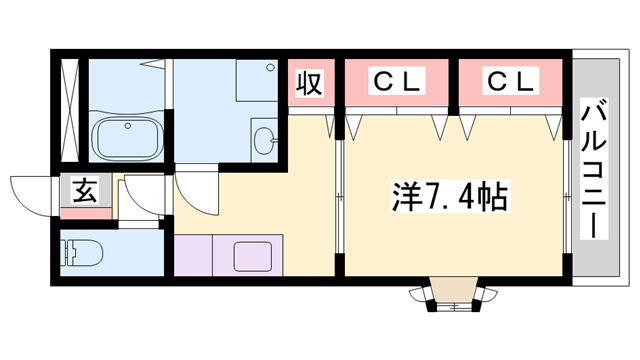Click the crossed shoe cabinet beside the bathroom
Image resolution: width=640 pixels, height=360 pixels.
point(70,111)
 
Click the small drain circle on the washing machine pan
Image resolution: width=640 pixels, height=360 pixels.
point(271,68)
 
